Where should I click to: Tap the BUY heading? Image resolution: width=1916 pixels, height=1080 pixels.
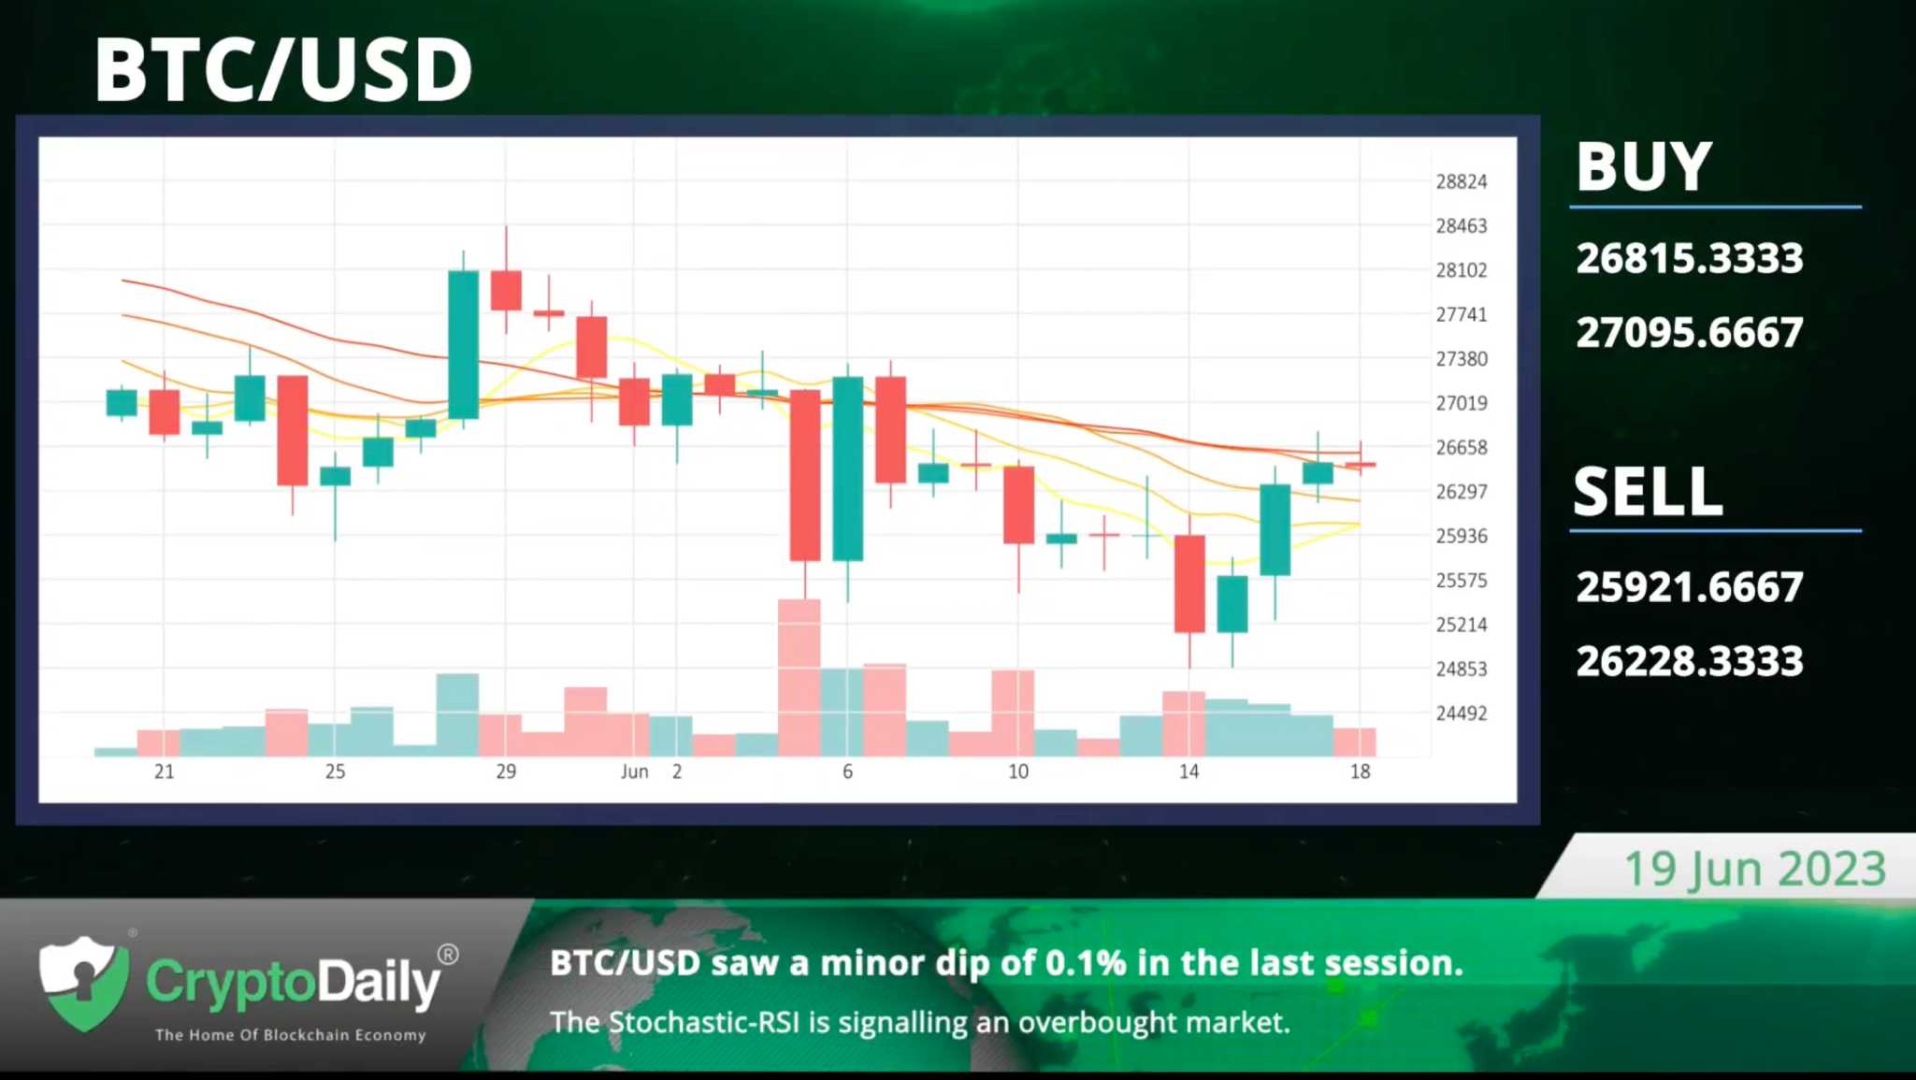[1644, 167]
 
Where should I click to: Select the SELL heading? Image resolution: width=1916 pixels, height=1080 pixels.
[1648, 492]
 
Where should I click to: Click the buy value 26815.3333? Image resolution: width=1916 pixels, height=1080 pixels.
[1690, 259]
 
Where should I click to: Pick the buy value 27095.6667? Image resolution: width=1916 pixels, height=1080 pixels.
[1690, 333]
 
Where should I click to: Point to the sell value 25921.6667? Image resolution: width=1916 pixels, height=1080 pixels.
[1690, 587]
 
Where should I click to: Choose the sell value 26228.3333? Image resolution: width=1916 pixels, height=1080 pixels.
[1690, 661]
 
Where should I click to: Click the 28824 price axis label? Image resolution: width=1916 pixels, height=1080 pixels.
[1462, 181]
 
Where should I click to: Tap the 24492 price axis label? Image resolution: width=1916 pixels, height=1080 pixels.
[1462, 713]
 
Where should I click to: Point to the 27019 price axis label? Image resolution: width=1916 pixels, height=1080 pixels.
[1462, 403]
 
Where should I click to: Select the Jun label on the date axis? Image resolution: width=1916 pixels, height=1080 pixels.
[634, 771]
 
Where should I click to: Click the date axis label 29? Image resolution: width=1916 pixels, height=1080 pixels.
[506, 771]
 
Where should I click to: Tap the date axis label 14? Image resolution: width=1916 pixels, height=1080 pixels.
[1188, 771]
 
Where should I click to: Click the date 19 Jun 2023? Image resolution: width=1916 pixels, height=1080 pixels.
[1755, 869]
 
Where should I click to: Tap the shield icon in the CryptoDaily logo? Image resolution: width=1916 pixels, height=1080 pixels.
[84, 983]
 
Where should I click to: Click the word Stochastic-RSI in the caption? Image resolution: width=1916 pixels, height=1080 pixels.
[704, 1022]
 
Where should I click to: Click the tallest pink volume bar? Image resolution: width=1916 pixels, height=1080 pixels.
[800, 677]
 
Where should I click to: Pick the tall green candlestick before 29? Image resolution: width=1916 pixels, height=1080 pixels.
[463, 344]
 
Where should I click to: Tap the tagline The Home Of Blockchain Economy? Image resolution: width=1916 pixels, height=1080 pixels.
[291, 1035]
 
